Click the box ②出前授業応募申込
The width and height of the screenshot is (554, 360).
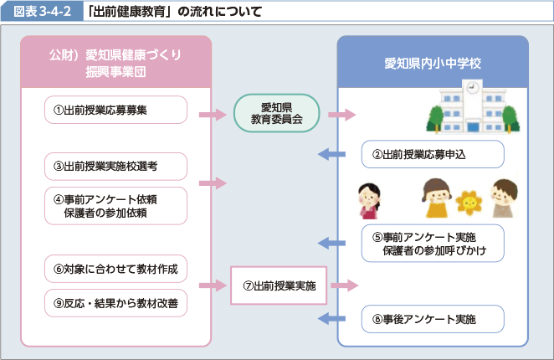[433, 154]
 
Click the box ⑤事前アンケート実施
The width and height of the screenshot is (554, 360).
[433, 244]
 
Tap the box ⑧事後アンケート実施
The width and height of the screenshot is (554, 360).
[433, 319]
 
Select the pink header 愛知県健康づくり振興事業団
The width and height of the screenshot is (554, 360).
[115, 63]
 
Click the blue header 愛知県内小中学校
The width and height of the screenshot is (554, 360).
[433, 63]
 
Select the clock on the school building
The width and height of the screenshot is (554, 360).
[472, 86]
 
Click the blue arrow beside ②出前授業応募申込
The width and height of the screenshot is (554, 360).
[333, 153]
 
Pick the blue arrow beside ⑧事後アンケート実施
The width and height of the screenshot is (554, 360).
[333, 319]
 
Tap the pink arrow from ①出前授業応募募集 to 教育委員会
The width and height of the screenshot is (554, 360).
[214, 113]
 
